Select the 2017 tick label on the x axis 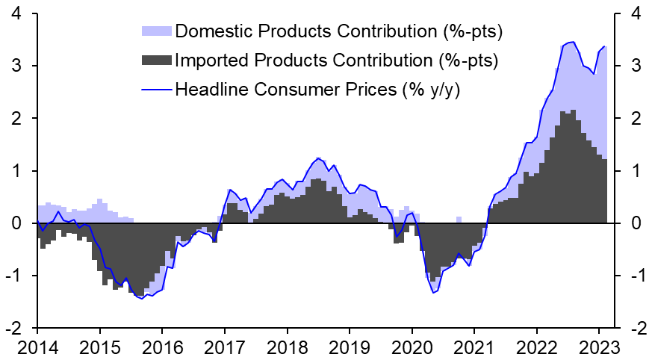click(x=224, y=347)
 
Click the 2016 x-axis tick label click(x=162, y=347)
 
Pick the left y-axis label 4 click(x=16, y=14)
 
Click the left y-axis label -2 click(x=13, y=329)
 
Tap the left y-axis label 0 click(x=16, y=223)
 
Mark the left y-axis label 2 click(x=16, y=119)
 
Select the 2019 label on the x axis click(x=349, y=347)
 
